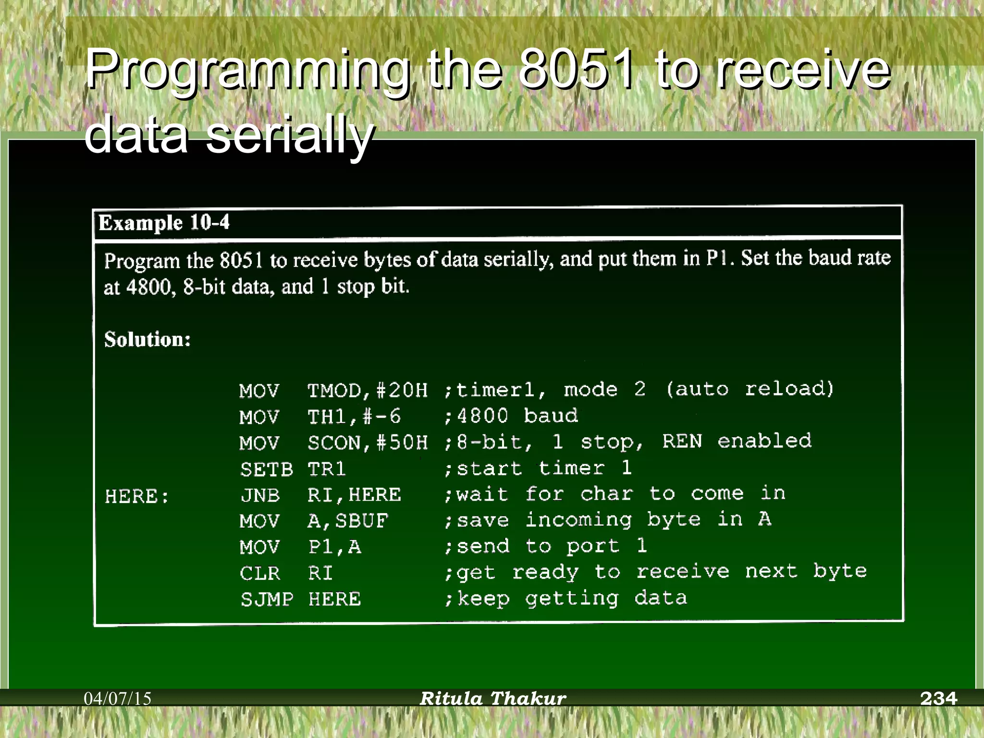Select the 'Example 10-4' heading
coord(164,223)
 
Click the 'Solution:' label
coord(148,340)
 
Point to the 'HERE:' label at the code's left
coord(137,496)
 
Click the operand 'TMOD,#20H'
coord(367,390)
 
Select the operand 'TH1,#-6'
coord(354,417)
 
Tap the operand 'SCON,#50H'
coord(367,443)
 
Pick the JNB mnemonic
coord(260,495)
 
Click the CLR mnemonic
coord(259,573)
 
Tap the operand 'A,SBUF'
coord(347,521)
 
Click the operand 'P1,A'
coord(334,547)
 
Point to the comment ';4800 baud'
coord(511,416)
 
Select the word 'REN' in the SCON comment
coord(682,441)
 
